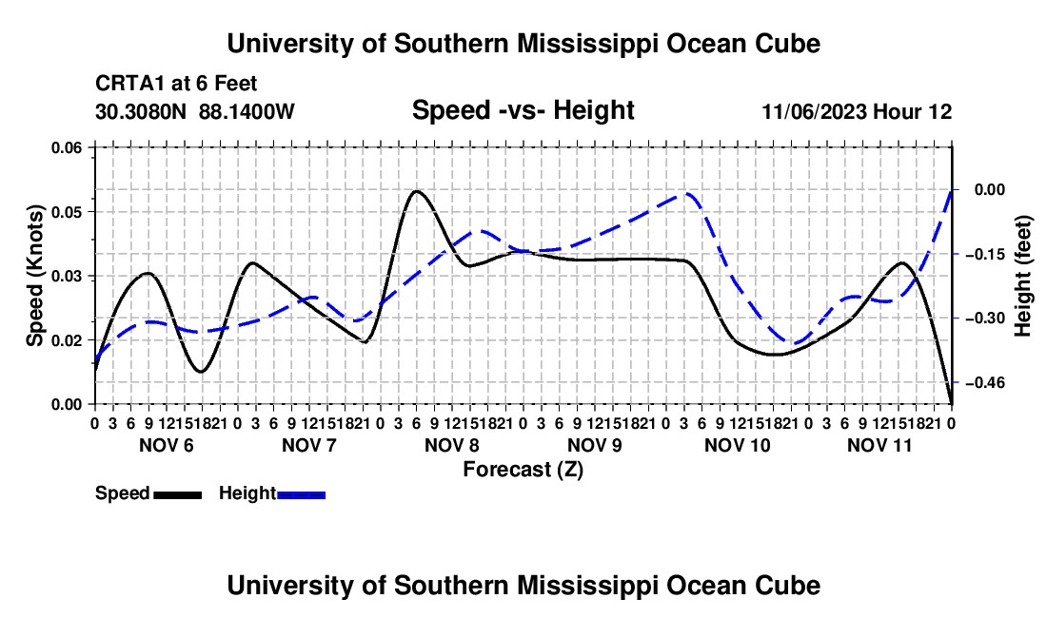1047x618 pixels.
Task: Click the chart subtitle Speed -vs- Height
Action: [523, 110]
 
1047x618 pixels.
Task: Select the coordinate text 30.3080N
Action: [141, 111]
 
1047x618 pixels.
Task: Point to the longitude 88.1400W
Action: [247, 111]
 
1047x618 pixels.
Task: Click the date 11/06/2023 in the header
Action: [815, 111]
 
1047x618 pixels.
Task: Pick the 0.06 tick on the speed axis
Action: [67, 147]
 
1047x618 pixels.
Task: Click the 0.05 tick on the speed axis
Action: [67, 212]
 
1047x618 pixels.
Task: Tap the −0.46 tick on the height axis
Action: [985, 382]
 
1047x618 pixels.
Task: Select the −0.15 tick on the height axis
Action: [985, 254]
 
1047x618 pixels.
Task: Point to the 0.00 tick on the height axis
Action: [990, 190]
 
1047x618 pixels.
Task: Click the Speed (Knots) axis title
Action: [34, 276]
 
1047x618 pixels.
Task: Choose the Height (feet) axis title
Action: [1022, 276]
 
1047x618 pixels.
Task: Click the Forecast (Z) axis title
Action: [523, 470]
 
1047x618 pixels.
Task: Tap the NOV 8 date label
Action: [451, 445]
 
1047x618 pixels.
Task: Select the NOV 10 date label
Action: [737, 445]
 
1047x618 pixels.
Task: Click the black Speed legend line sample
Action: [177, 494]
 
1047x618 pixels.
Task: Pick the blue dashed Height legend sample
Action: [301, 494]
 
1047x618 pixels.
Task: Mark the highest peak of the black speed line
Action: [416, 191]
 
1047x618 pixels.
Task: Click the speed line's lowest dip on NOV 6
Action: [201, 372]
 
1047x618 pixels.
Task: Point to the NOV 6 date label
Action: [167, 445]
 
